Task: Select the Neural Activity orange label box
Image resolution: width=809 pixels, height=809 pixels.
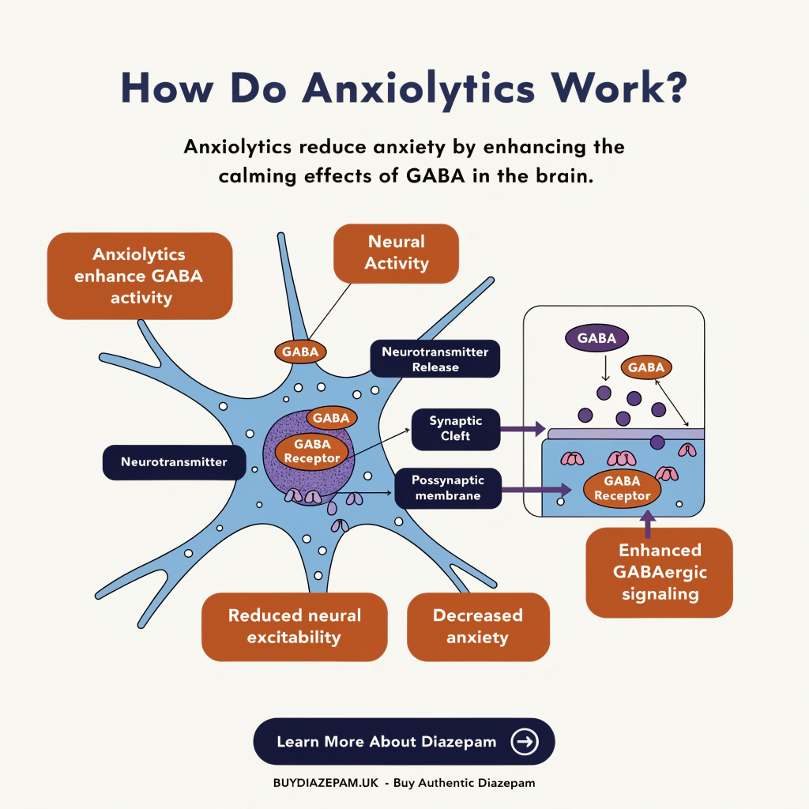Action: [x=397, y=253]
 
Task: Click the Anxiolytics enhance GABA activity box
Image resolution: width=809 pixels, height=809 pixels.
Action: [x=139, y=276]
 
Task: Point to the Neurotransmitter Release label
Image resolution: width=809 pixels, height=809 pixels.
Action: [x=435, y=359]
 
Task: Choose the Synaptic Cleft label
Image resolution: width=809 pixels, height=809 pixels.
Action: [x=456, y=429]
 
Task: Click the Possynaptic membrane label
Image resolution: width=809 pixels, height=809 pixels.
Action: [x=449, y=488]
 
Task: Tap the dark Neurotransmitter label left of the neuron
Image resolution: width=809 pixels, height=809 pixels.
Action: [x=174, y=462]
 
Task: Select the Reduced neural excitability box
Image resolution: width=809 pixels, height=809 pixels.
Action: [x=294, y=626]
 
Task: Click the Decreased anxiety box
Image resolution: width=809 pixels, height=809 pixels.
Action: [x=478, y=626]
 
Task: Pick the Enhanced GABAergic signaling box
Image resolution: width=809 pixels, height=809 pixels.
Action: [x=660, y=572]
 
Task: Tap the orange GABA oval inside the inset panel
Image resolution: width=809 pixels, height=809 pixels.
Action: [x=646, y=367]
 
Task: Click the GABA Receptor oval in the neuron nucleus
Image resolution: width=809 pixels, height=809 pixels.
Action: [x=311, y=451]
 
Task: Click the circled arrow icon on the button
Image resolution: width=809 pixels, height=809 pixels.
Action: [x=525, y=741]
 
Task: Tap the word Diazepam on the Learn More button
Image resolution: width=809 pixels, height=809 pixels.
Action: [x=457, y=742]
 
